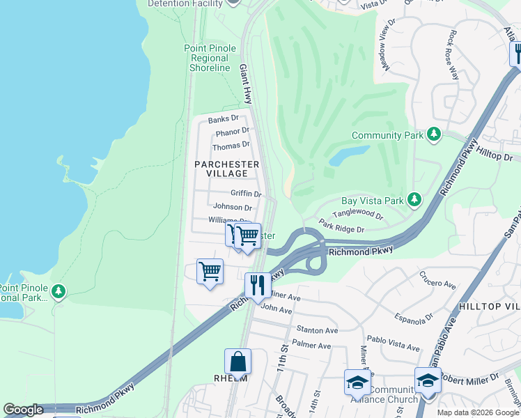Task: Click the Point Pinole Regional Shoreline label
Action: (x=210, y=58)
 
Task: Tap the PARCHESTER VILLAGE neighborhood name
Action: (x=227, y=169)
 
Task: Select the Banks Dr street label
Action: (x=223, y=118)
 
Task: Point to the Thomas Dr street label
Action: (x=231, y=146)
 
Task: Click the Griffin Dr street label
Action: (x=246, y=194)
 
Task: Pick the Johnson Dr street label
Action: (x=233, y=207)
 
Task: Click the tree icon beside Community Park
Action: (x=434, y=133)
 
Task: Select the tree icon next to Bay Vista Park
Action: (x=414, y=200)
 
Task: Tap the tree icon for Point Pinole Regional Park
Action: (x=59, y=291)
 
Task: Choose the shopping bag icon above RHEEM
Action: (x=238, y=362)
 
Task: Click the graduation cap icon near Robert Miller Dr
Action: (x=428, y=380)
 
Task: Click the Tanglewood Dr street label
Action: (x=357, y=216)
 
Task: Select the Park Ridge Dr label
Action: (x=342, y=228)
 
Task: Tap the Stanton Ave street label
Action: (x=317, y=330)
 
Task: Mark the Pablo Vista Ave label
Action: (x=394, y=346)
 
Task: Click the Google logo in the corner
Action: (x=23, y=410)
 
